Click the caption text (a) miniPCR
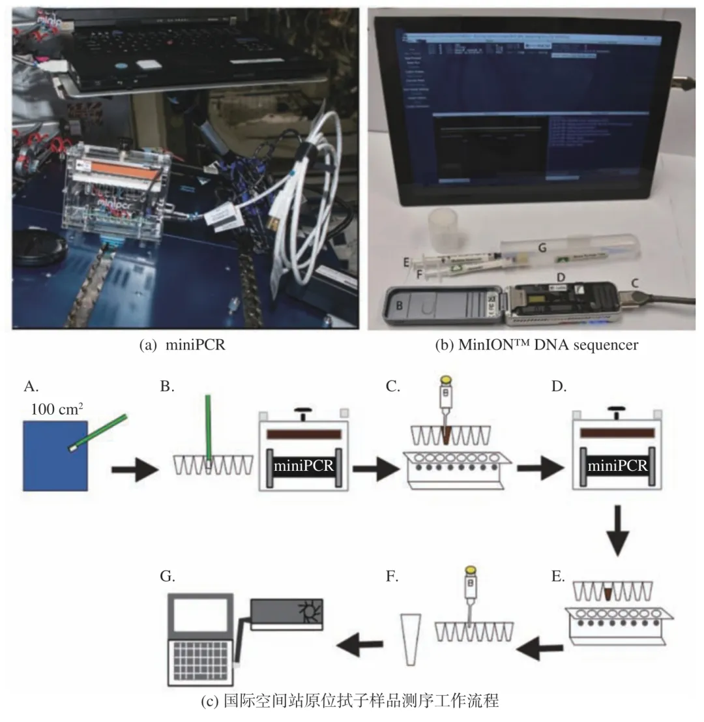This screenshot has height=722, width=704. [x=183, y=345]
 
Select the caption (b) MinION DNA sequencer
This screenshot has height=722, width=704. [x=536, y=345]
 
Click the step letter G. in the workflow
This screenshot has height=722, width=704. [x=168, y=575]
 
